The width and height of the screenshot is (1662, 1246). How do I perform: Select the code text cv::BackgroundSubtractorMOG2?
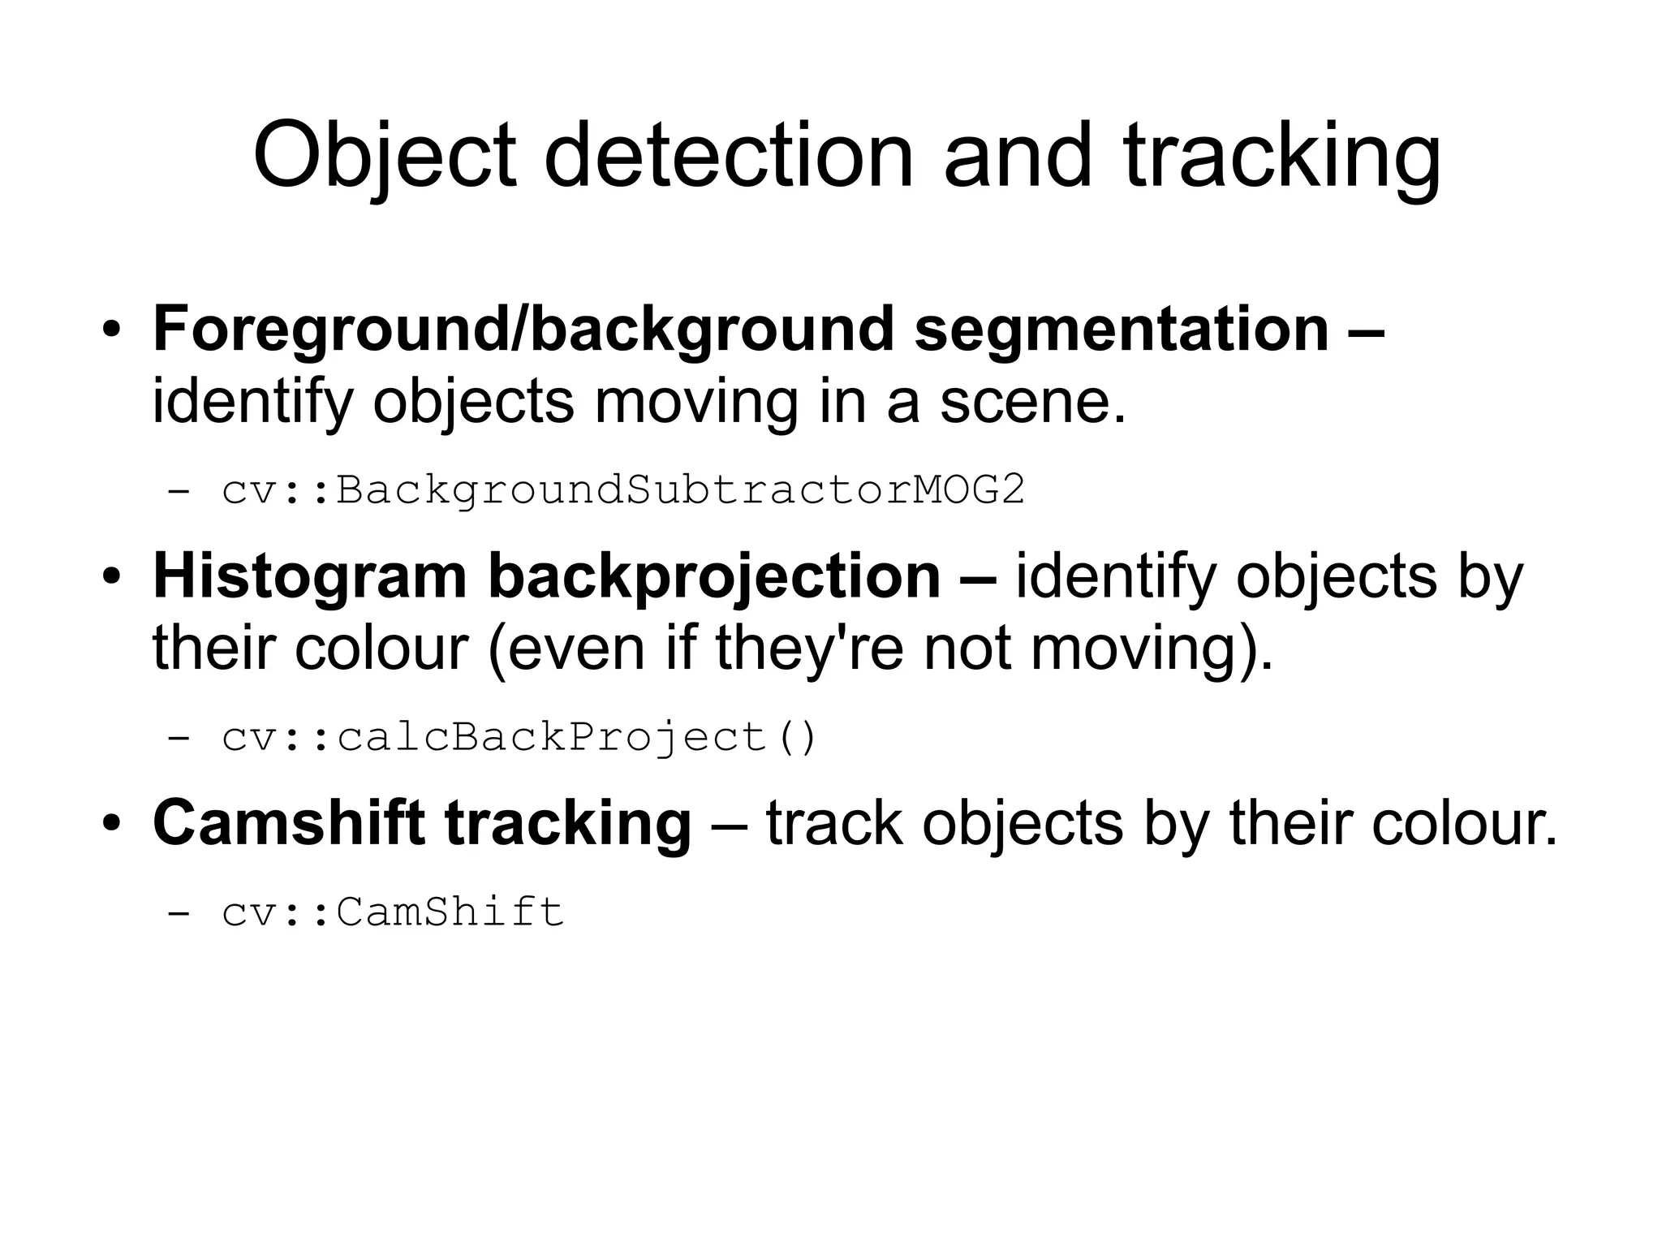coord(623,490)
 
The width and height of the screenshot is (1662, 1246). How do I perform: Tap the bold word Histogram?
coord(309,577)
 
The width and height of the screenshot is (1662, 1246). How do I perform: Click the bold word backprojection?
coord(714,577)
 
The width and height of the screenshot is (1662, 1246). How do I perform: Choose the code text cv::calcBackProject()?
coord(519,737)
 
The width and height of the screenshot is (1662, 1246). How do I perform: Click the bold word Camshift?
coord(288,823)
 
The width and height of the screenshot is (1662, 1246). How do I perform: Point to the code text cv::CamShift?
coord(393,912)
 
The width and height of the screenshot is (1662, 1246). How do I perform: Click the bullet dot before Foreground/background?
coord(111,333)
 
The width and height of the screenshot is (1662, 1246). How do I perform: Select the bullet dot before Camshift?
coord(111,826)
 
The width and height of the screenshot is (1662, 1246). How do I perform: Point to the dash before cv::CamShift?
coord(178,912)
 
